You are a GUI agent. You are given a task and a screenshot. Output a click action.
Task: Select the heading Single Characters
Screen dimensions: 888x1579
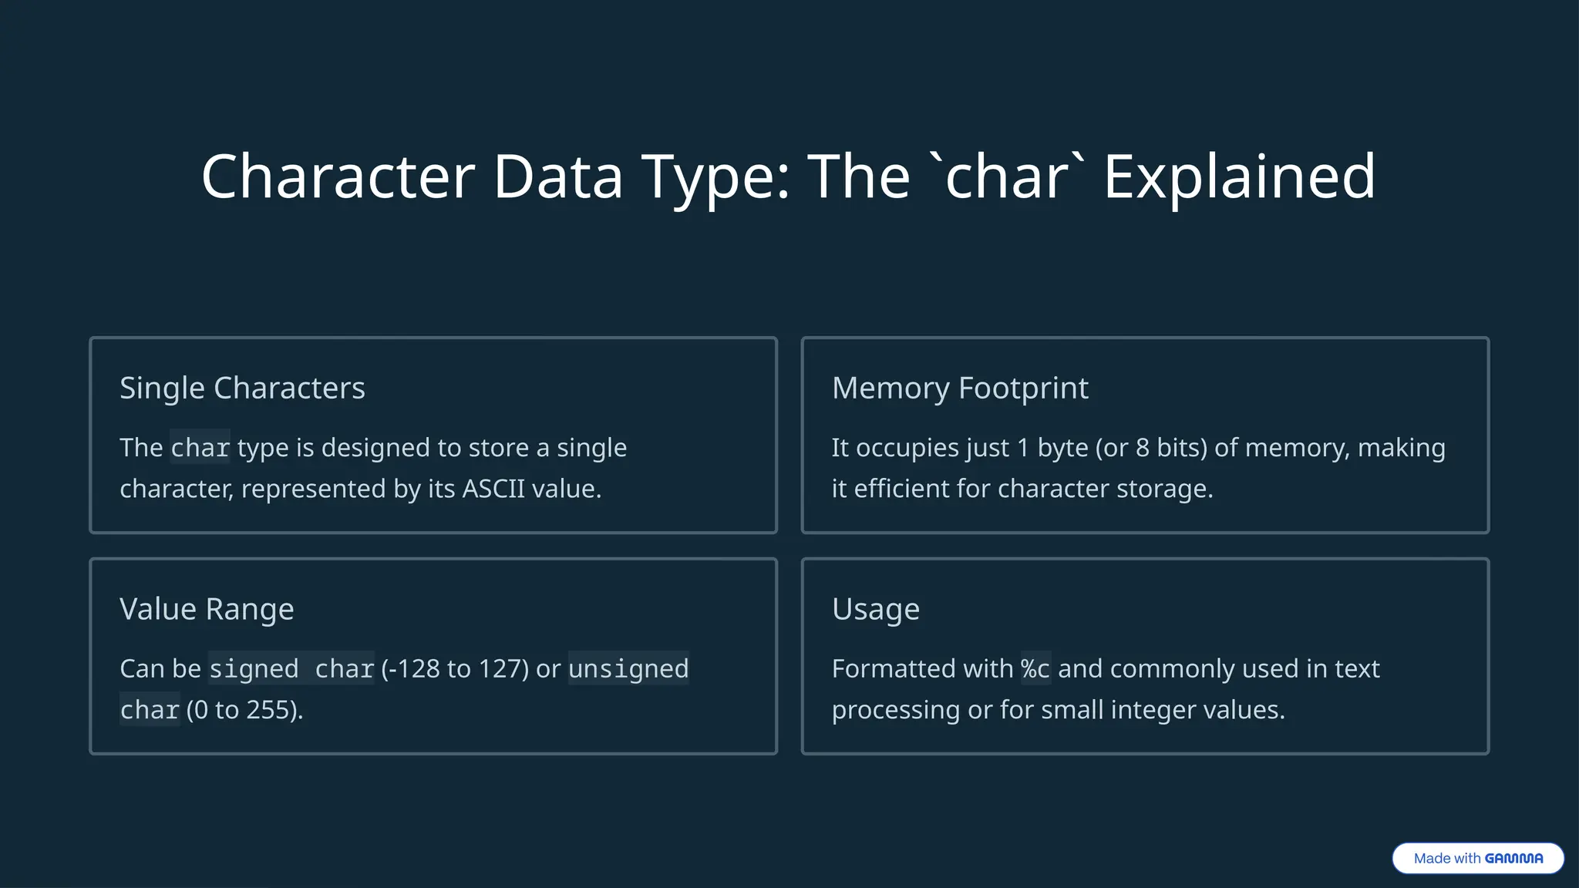[242, 388]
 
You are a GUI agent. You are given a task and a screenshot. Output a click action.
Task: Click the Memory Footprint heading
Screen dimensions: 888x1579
[960, 388]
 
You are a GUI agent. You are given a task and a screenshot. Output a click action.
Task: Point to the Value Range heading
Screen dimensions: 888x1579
[207, 609]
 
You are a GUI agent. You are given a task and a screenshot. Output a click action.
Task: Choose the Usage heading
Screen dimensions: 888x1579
[876, 609]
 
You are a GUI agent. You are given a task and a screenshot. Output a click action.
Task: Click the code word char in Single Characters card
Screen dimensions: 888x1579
[200, 448]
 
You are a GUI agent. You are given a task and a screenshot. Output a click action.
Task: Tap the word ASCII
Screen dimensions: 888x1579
[493, 489]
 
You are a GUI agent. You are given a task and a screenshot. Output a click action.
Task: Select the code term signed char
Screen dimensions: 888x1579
[291, 669]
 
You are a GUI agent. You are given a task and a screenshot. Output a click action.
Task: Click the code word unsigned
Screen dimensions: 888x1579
[628, 669]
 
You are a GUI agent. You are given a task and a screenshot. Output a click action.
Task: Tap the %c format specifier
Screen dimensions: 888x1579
[1035, 669]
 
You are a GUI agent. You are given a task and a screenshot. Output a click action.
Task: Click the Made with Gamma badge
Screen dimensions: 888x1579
[1478, 858]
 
